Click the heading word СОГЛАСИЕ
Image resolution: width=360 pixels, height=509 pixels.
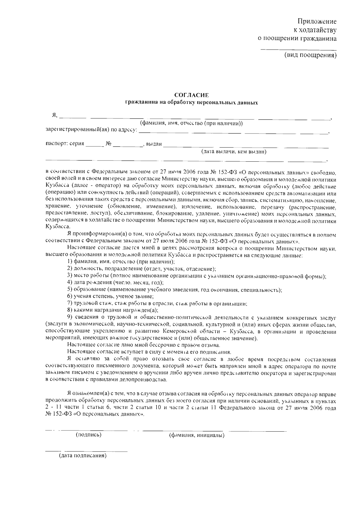tap(191, 95)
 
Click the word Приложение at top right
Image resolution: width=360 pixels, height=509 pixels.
tap(317, 22)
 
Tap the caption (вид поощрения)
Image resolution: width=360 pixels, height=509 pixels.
tap(310, 55)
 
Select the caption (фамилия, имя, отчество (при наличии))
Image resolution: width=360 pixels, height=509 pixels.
tap(191, 124)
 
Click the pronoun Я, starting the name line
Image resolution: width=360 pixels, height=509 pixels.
tap(54, 115)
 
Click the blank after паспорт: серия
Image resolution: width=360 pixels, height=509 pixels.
tap(94, 146)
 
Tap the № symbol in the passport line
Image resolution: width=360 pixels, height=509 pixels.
tap(108, 144)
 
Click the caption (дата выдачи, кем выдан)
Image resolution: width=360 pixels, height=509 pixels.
tap(234, 152)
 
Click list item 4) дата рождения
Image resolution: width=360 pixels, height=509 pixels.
tap(115, 283)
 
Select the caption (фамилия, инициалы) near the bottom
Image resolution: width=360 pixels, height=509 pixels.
tap(197, 435)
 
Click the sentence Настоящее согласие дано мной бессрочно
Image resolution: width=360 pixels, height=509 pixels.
tap(144, 345)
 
